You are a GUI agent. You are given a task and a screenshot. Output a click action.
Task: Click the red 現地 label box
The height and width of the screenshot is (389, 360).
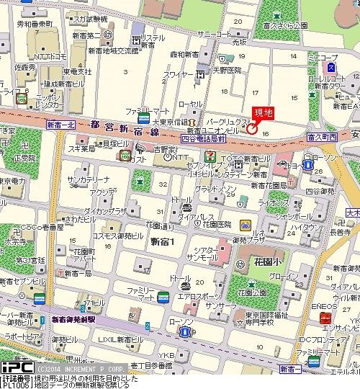point(264,113)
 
